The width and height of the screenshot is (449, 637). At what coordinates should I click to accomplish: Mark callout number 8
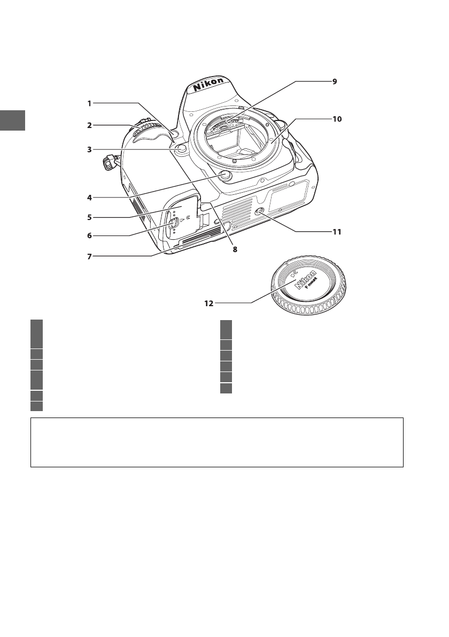point(234,249)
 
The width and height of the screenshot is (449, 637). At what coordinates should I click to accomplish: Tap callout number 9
point(334,81)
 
